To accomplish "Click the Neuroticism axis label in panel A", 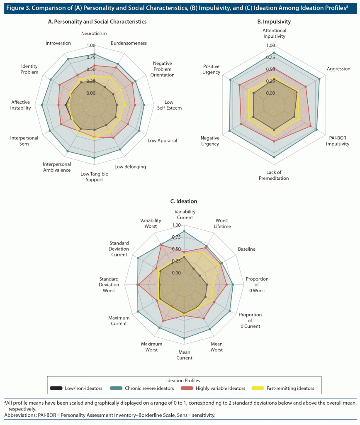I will point(95,33).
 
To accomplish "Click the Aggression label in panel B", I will point(338,69).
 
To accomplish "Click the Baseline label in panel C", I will point(246,249).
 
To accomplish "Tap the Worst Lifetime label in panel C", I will point(222,223).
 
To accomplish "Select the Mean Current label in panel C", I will point(184,355).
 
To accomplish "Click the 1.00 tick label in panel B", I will point(270,46).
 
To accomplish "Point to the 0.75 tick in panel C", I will point(176,237).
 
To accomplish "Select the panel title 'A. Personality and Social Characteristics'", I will point(97,21).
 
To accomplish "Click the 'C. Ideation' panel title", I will point(184,201).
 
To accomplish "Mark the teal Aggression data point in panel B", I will point(319,78).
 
